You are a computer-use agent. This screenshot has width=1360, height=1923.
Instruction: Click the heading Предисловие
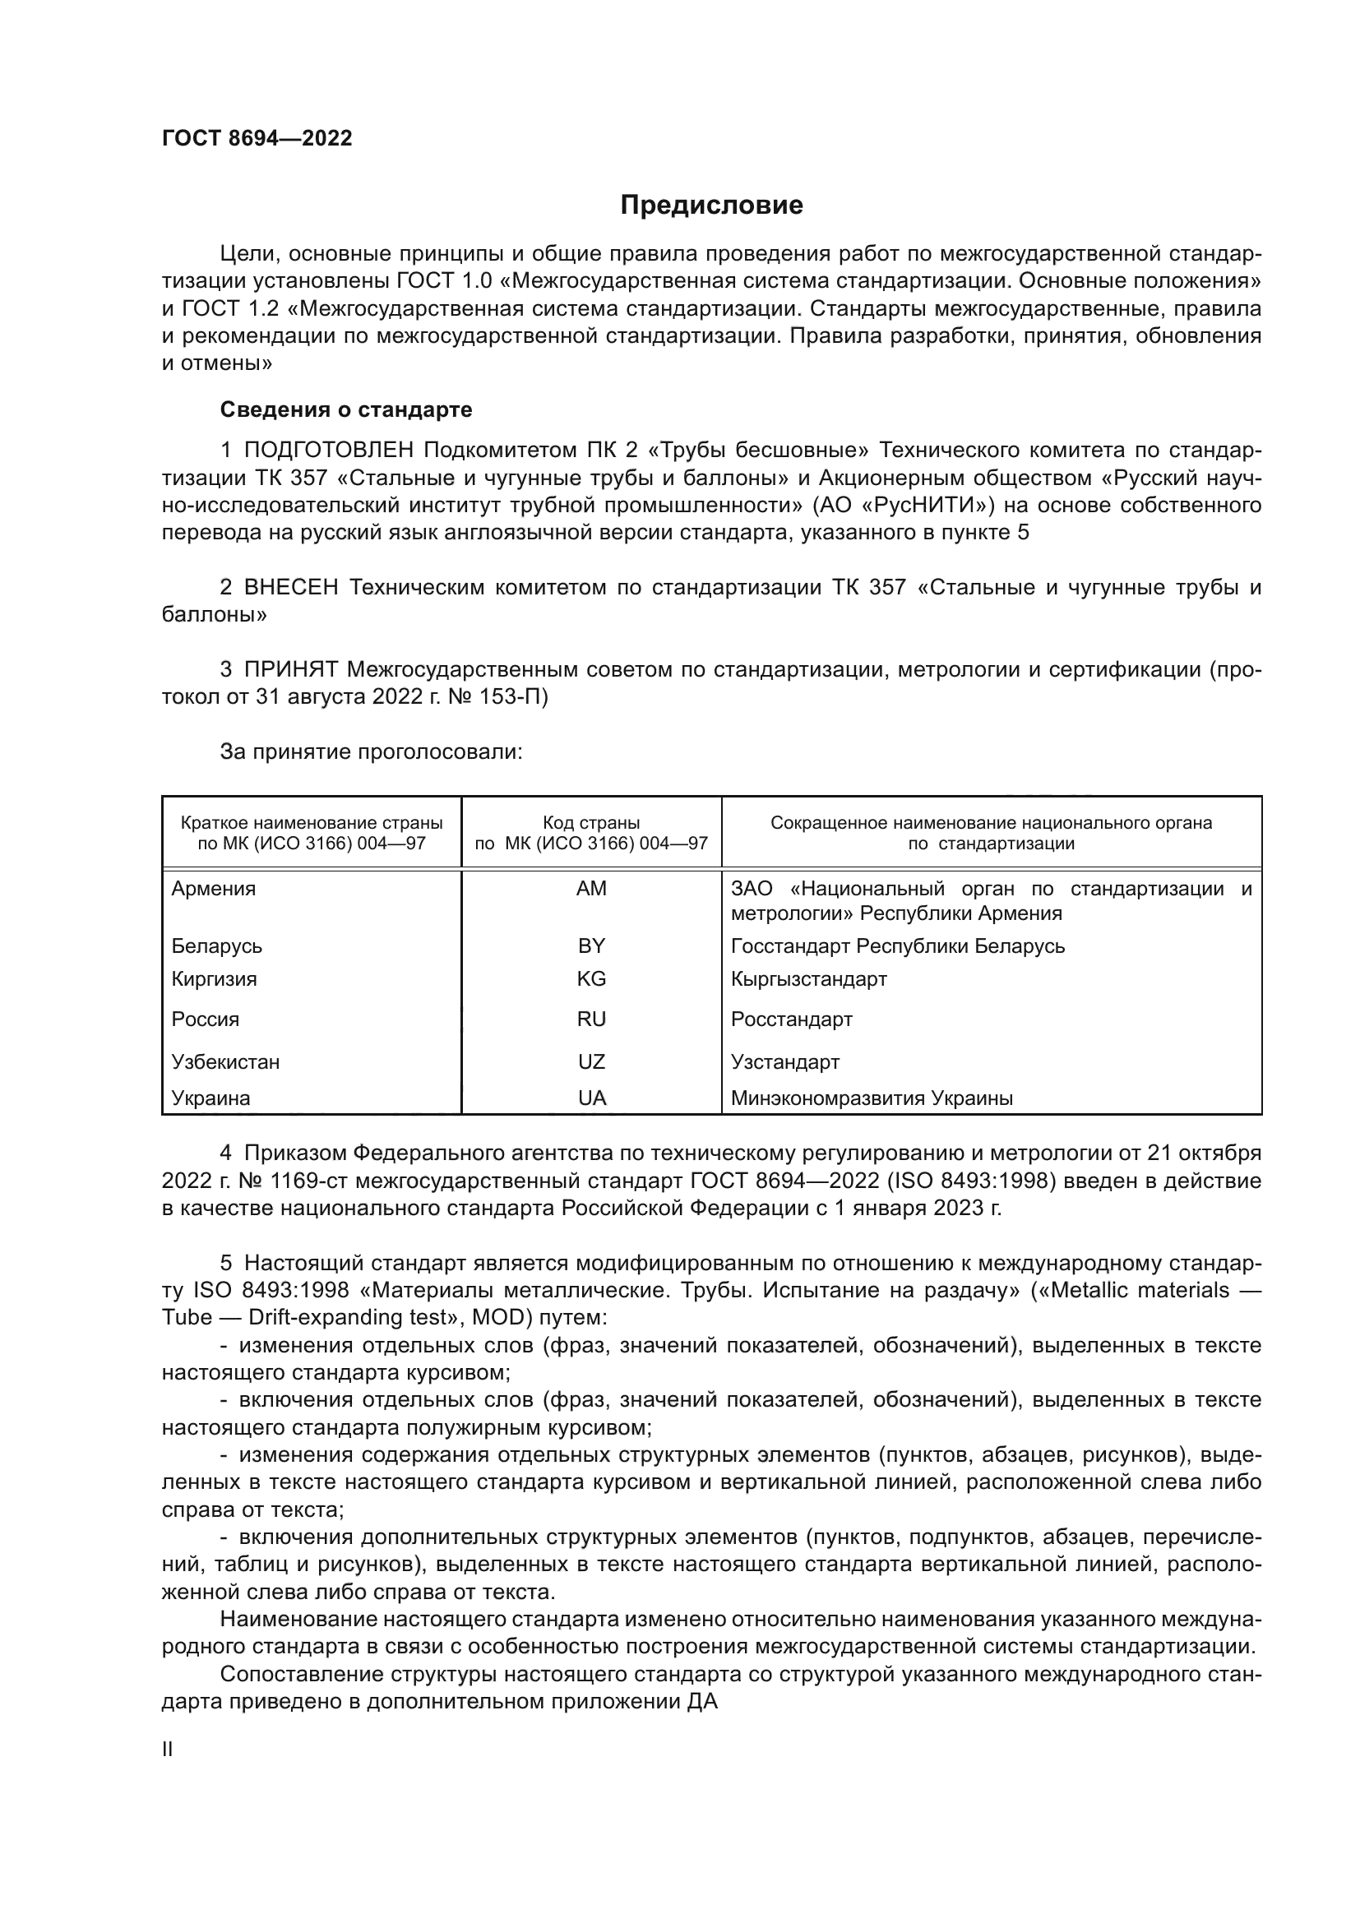[x=711, y=206]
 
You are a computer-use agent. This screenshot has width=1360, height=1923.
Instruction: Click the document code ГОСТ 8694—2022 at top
[x=257, y=138]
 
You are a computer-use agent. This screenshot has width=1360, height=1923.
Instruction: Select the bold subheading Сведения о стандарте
[x=346, y=409]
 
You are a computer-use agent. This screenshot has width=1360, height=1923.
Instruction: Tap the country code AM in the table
[x=591, y=889]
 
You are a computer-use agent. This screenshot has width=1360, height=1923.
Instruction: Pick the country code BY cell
[x=591, y=945]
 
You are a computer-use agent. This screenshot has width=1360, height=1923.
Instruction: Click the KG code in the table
[x=591, y=978]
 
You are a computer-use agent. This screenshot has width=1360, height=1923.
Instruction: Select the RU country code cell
[x=591, y=1019]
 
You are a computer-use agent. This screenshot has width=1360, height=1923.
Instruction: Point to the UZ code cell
[x=591, y=1062]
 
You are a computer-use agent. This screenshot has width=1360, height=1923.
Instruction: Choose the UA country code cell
[x=591, y=1098]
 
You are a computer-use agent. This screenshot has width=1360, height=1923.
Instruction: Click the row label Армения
[x=214, y=889]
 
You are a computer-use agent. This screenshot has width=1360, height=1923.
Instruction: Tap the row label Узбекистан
[x=225, y=1062]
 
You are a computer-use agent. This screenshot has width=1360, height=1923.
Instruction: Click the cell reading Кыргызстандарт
[x=808, y=978]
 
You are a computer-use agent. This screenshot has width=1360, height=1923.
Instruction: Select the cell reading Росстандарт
[x=791, y=1019]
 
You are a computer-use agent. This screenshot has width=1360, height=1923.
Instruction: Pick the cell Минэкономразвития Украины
[x=872, y=1098]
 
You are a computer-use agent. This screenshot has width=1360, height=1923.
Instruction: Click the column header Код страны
[x=591, y=822]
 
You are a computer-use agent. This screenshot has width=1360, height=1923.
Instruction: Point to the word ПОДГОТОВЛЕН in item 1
[x=328, y=451]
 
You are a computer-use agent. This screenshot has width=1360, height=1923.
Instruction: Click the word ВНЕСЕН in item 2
[x=290, y=587]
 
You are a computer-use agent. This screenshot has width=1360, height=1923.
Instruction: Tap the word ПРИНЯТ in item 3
[x=290, y=669]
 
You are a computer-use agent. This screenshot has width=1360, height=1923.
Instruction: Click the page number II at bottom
[x=168, y=1750]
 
